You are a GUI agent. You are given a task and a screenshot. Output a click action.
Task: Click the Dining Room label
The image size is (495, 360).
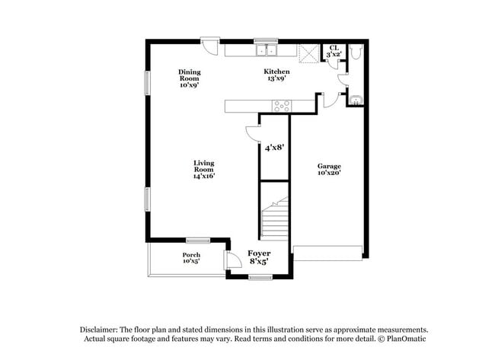pyautogui.click(x=190, y=78)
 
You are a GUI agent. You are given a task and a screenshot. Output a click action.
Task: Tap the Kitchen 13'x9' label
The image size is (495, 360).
pyautogui.click(x=277, y=75)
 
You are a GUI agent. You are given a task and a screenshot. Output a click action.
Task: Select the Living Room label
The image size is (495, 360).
pyautogui.click(x=204, y=170)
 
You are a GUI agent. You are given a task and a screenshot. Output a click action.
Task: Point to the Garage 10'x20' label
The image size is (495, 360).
pyautogui.click(x=329, y=169)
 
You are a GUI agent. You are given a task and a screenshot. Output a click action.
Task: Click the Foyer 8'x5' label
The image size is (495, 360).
pyautogui.click(x=259, y=257)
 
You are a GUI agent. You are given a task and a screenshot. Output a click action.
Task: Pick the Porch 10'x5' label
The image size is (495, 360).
pyautogui.click(x=191, y=258)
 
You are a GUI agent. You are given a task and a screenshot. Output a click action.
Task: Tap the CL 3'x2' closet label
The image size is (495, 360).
pyautogui.click(x=334, y=51)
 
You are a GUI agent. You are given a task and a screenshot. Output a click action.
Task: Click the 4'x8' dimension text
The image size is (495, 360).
pyautogui.click(x=275, y=148)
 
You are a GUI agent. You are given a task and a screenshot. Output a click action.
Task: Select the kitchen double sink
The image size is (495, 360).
pyautogui.click(x=267, y=49)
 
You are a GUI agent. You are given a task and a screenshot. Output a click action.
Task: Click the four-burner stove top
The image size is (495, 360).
pyautogui.click(x=282, y=106)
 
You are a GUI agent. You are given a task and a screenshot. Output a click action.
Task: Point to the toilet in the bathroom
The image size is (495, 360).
pyautogui.click(x=355, y=52)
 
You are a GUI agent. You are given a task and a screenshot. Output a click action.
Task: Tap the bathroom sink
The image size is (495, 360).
pyautogui.click(x=356, y=100)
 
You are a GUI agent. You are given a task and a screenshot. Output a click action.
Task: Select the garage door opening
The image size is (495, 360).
pyautogui.click(x=327, y=253)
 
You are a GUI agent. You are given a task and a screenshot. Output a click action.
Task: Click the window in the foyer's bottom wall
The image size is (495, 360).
pyautogui.click(x=260, y=277)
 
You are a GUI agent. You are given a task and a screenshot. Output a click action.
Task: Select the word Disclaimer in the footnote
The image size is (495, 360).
pyautogui.click(x=99, y=330)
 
